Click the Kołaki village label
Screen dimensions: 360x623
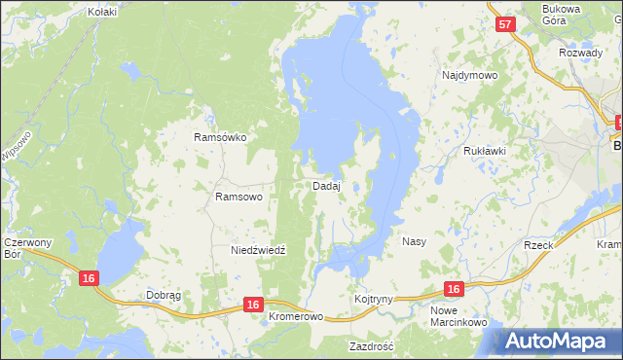(x=102, y=12)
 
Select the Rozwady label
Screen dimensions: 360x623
(x=580, y=53)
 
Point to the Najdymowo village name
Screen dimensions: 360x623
(x=469, y=75)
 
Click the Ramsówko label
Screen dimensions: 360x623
(x=220, y=137)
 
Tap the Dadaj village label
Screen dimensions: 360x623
(x=326, y=185)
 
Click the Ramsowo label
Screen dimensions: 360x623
(x=238, y=197)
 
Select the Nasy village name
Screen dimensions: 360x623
(x=414, y=240)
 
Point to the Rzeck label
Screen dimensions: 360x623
(x=538, y=245)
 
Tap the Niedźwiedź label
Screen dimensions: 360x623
(x=258, y=250)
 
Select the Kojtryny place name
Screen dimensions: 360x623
(x=374, y=299)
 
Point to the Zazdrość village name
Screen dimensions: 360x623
(x=371, y=345)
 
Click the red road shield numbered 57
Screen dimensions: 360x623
(x=504, y=25)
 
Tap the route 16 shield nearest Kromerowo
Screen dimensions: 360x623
(x=253, y=306)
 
